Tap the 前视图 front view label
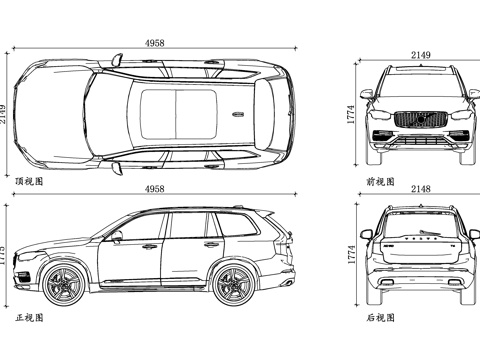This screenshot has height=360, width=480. (x=380, y=182)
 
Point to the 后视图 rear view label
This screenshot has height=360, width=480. (x=380, y=318)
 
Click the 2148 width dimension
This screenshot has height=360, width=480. (x=420, y=189)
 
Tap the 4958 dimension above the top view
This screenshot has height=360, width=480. (x=155, y=44)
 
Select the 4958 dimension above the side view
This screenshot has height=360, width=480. (x=155, y=189)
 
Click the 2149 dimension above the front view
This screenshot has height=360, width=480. (x=420, y=55)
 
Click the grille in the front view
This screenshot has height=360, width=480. (x=419, y=119)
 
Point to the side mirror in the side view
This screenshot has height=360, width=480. (x=118, y=237)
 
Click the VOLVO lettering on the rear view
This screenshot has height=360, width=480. (x=419, y=241)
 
